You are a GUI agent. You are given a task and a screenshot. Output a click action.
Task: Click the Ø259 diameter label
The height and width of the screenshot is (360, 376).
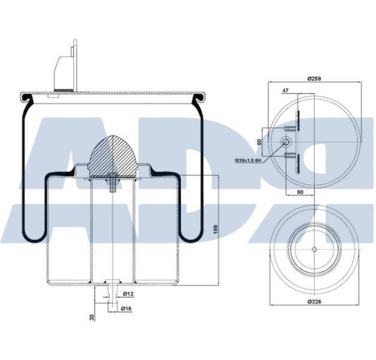(314, 79)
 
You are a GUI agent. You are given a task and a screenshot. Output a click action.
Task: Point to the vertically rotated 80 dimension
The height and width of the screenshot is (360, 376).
(259, 142)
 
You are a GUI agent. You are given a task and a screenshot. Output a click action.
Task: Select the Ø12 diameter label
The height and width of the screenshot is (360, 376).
(127, 294)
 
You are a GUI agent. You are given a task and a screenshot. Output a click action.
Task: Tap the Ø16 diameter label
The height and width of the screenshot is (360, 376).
(127, 308)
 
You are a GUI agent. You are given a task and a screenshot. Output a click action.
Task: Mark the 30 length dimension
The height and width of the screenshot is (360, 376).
(92, 316)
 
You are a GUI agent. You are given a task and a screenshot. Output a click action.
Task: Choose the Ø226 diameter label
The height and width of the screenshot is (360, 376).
(314, 301)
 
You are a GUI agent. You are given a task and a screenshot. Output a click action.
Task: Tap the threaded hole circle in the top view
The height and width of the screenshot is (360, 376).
(286, 142)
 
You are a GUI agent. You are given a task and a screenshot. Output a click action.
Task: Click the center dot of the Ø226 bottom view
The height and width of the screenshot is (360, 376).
(314, 249)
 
